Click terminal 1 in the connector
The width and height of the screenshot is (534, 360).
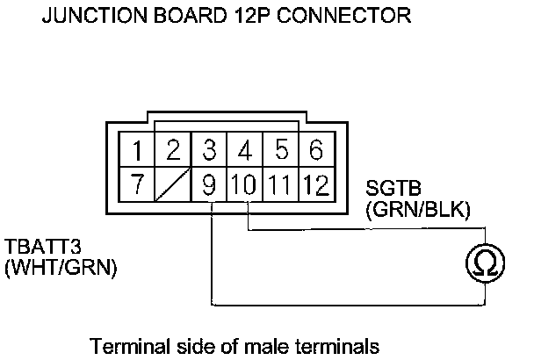[137, 149]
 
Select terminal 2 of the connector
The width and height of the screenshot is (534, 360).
[174, 149]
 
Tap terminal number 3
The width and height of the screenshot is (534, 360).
[210, 149]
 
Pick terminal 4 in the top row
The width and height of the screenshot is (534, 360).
[246, 149]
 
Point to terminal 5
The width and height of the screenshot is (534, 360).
[281, 149]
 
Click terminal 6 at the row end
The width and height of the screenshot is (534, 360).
[315, 149]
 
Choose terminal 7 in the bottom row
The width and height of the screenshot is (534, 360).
[137, 185]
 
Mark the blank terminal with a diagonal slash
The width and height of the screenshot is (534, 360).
[174, 185]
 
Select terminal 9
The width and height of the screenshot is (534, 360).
[210, 185]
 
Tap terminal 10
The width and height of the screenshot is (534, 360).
[245, 185]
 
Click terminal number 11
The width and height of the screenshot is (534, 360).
[280, 185]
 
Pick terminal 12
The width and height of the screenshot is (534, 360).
[315, 185]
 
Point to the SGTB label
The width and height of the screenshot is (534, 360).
[389, 190]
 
